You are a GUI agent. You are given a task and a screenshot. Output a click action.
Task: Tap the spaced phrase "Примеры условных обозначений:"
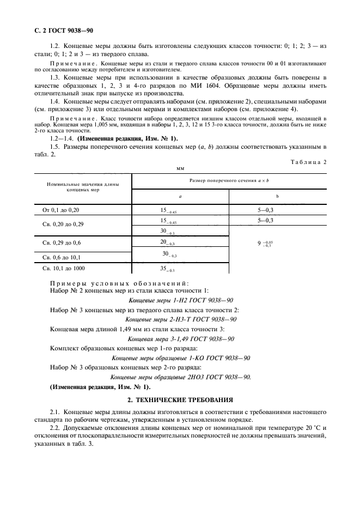click(x=120, y=284)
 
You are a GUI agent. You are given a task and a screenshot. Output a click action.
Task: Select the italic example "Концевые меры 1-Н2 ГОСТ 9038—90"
click(x=180, y=300)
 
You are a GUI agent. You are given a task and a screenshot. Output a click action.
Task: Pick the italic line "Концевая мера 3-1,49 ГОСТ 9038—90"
click(x=180, y=338)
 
